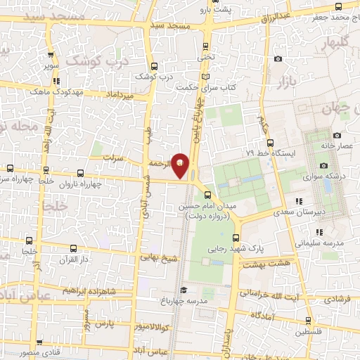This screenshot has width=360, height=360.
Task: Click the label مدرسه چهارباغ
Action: (x=211, y=290)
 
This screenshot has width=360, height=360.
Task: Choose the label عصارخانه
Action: (x=336, y=145)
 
